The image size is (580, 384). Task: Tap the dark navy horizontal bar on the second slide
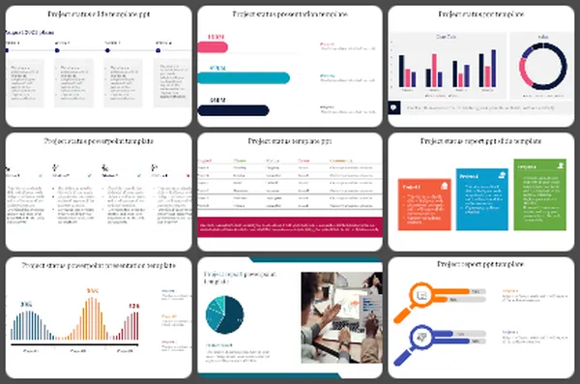(x=233, y=109)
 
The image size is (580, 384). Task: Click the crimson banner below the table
(x=289, y=225)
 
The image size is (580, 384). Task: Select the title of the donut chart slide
(x=481, y=15)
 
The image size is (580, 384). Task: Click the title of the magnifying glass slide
(x=481, y=263)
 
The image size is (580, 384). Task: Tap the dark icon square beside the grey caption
(x=394, y=107)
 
